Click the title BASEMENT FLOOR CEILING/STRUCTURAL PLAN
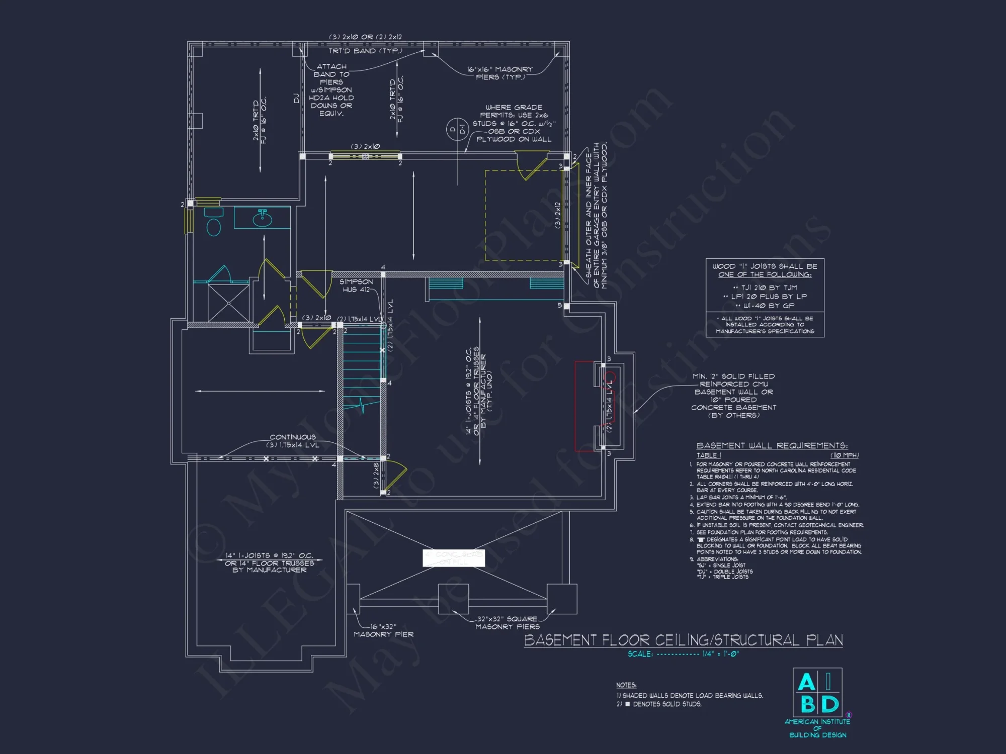tap(683, 640)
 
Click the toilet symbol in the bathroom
tap(214, 225)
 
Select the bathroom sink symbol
tap(262, 219)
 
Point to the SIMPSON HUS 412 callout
tap(356, 286)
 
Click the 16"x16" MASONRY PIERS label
tap(500, 73)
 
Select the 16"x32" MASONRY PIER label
tap(383, 630)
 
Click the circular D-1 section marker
tap(457, 129)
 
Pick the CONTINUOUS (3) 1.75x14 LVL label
tap(293, 441)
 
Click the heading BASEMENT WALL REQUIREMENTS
tap(772, 445)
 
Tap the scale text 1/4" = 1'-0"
tap(720, 654)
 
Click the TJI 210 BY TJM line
tap(765, 288)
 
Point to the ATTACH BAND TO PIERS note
tap(331, 89)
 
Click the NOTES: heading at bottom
tap(626, 685)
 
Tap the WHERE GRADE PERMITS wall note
tap(514, 123)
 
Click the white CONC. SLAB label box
tap(454, 557)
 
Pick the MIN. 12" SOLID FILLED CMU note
tap(733, 396)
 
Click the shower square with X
tap(228, 303)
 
